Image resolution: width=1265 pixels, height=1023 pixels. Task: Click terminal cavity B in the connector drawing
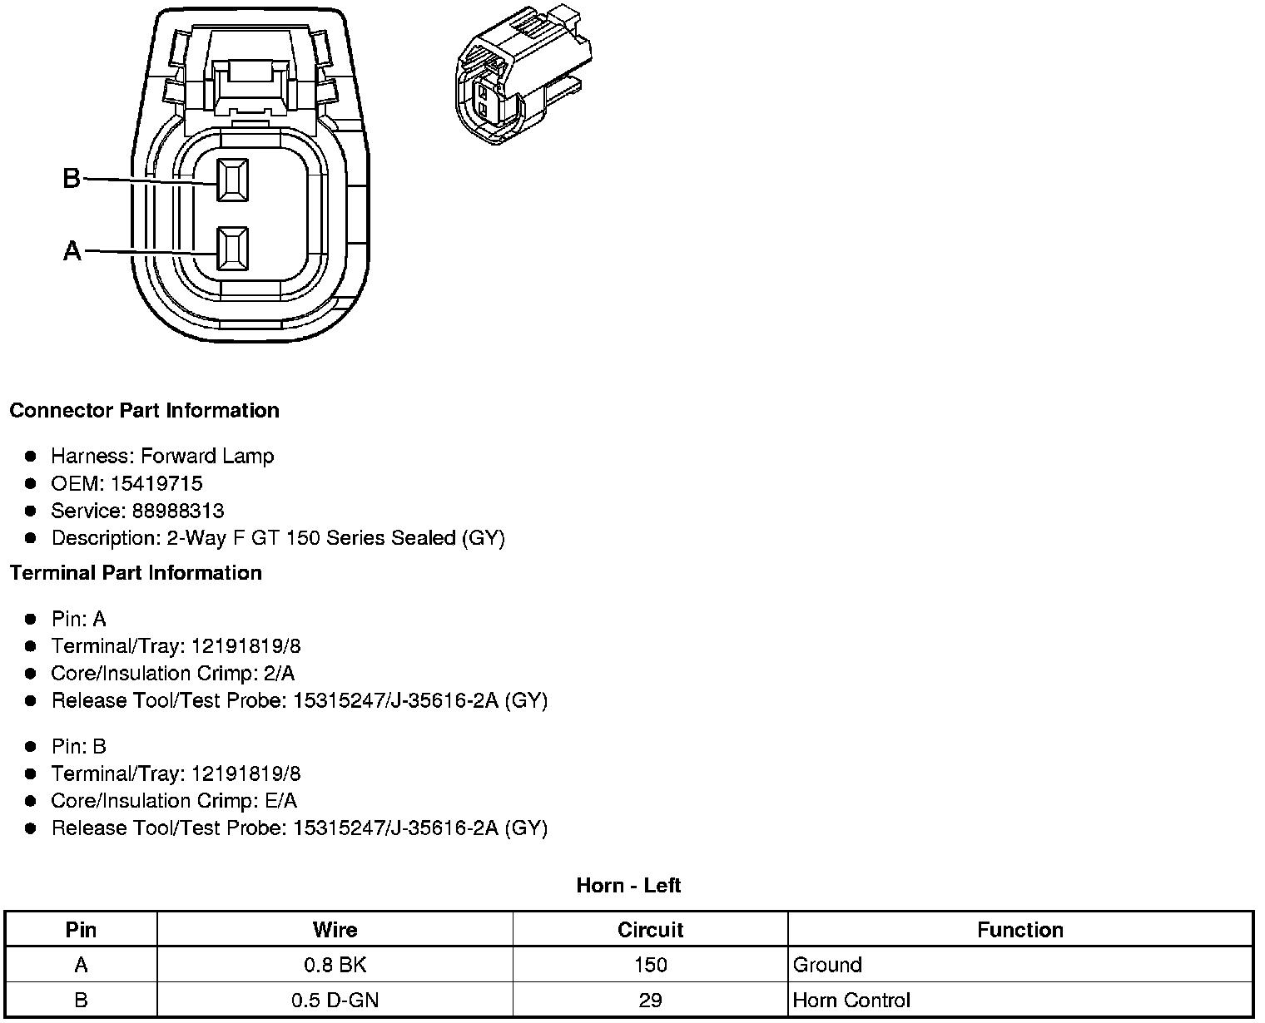[232, 180]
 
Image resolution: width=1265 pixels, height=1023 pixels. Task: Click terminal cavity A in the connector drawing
[232, 249]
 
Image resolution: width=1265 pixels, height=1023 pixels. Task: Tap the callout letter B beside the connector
[72, 178]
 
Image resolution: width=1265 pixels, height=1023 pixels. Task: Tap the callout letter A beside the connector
[72, 250]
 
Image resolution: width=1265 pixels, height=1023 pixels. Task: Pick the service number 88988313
[178, 511]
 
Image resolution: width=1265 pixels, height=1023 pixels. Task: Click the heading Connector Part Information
[144, 410]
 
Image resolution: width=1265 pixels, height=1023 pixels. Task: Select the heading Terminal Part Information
[136, 572]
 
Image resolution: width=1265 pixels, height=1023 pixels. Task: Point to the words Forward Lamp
[207, 456]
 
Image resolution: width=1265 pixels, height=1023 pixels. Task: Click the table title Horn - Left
[628, 885]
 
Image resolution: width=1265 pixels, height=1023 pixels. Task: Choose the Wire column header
[335, 929]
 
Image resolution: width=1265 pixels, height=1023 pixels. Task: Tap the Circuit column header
[650, 929]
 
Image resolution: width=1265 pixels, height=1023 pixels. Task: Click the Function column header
[1020, 929]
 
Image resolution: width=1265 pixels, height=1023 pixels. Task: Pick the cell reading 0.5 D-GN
[335, 1000]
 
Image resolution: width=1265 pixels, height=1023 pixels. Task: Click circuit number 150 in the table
[650, 965]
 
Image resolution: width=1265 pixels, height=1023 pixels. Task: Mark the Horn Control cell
[851, 1000]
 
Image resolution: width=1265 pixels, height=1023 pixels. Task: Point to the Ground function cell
[827, 965]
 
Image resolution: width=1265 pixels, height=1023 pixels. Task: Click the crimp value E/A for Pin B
[279, 800]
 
